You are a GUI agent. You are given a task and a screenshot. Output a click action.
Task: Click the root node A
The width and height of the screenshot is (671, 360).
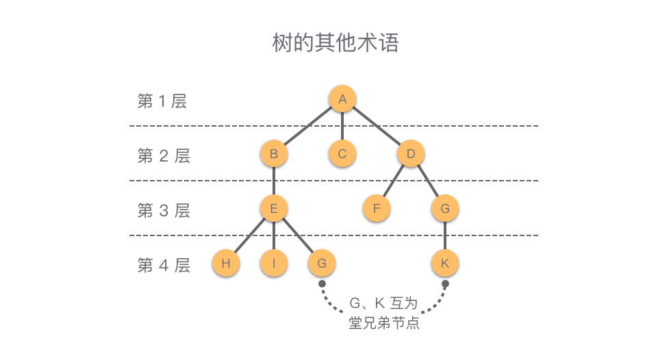click(342, 99)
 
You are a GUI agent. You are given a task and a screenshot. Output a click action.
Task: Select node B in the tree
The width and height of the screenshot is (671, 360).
click(274, 154)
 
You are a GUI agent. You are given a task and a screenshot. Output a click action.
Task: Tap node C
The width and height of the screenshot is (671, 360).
click(342, 154)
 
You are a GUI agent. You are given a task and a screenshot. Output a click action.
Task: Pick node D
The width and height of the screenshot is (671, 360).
click(411, 154)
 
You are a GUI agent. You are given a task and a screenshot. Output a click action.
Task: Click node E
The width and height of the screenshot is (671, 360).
click(274, 209)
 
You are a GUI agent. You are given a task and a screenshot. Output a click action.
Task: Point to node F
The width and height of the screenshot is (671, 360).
click(377, 209)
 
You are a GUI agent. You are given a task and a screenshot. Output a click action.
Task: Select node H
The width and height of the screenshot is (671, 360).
click(226, 263)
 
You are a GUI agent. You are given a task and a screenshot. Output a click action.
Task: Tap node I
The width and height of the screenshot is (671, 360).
click(274, 263)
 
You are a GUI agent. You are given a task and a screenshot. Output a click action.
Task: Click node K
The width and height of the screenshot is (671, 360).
click(445, 263)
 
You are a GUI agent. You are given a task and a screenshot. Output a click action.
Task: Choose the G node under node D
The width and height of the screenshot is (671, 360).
click(445, 209)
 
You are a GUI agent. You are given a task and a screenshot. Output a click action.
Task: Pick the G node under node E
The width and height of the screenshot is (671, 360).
click(322, 263)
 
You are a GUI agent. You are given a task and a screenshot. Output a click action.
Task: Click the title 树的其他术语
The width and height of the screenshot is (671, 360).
click(335, 42)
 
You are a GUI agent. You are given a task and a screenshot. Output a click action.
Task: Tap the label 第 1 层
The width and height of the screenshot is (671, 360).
click(162, 101)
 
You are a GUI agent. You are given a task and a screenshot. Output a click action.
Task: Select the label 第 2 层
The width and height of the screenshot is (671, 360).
click(164, 156)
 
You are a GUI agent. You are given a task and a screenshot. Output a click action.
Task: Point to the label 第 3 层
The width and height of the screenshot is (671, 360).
click(164, 211)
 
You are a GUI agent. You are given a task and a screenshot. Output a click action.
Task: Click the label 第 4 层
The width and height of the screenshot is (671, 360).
click(164, 266)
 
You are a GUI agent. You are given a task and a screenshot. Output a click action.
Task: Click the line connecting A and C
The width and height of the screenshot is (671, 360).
click(342, 127)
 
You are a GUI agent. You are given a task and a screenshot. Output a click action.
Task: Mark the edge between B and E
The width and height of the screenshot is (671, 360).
click(274, 181)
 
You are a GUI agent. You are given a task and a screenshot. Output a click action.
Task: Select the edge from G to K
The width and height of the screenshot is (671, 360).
click(445, 236)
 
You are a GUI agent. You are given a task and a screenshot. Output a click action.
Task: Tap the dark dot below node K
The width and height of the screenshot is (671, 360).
click(445, 284)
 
